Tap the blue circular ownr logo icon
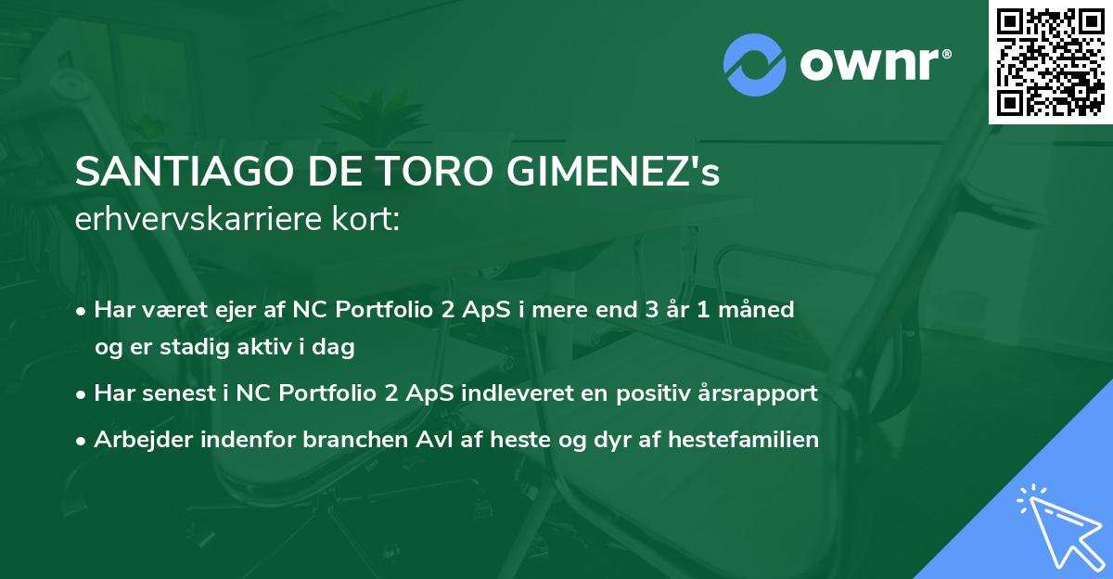pyautogui.click(x=754, y=65)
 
